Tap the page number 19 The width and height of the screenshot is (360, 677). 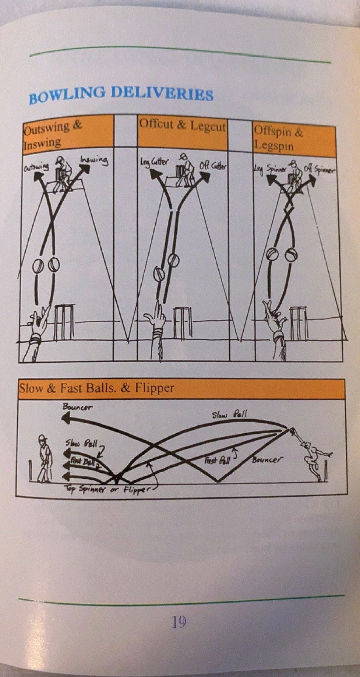click(x=179, y=621)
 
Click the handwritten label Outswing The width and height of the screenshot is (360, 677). click(x=37, y=167)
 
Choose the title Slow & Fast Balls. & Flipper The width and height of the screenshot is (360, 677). click(x=97, y=388)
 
